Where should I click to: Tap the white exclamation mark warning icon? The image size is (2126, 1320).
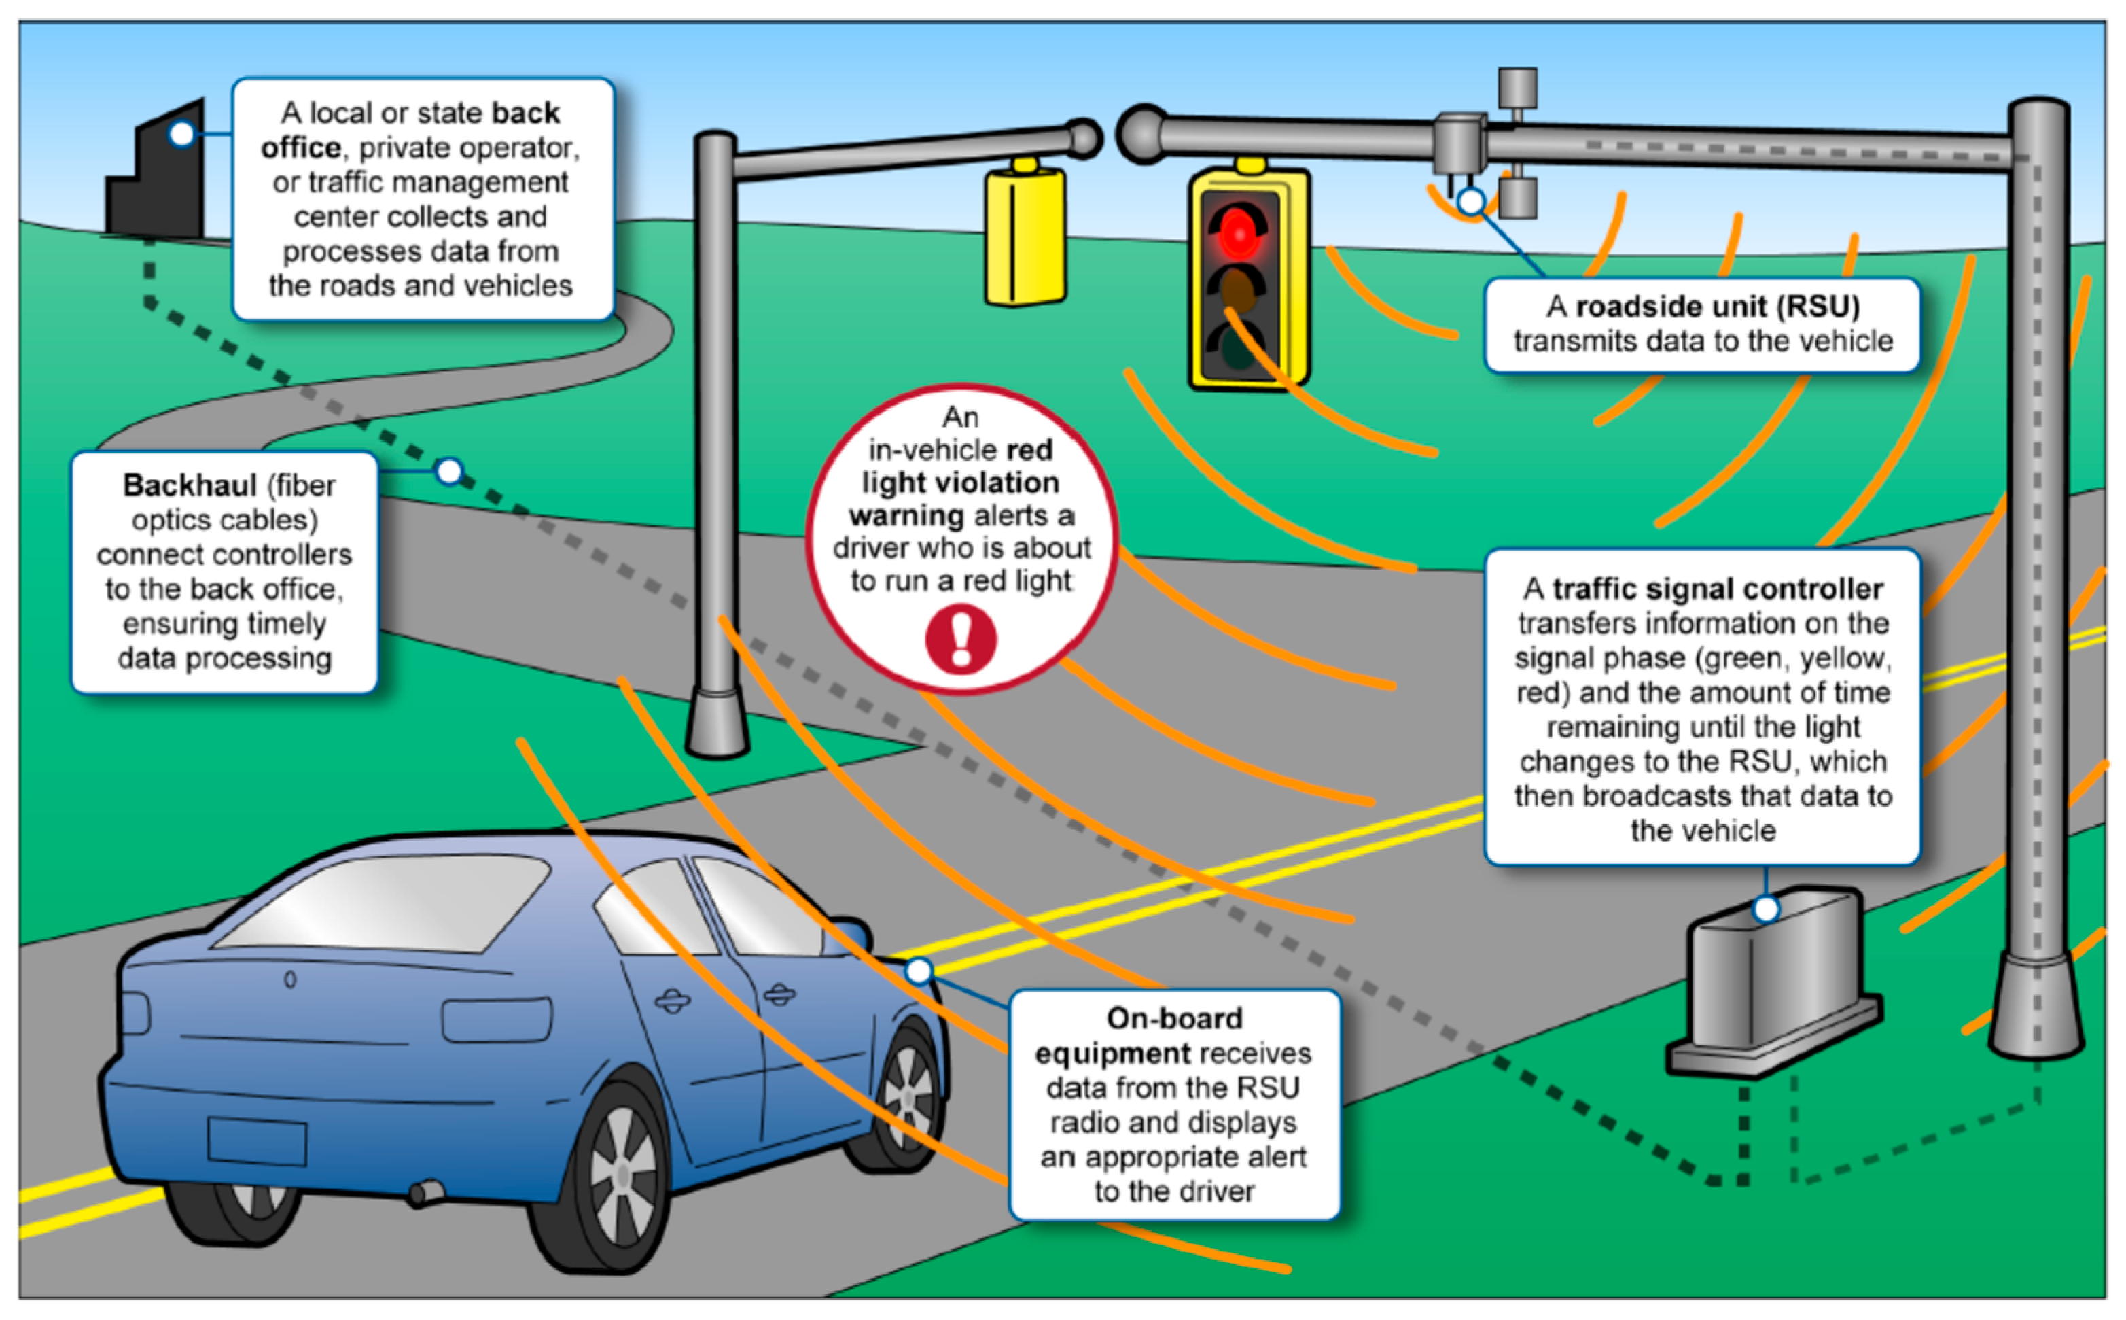click(x=961, y=640)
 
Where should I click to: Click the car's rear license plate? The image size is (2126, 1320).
click(x=257, y=1140)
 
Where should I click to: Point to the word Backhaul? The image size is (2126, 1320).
click(x=190, y=485)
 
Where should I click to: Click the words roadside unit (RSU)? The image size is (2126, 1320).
click(x=1717, y=307)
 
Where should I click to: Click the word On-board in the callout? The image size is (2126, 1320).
click(x=1174, y=1019)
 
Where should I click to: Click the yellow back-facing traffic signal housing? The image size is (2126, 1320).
click(x=1025, y=236)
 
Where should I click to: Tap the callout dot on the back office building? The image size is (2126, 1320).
click(x=181, y=134)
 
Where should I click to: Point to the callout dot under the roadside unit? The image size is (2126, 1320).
click(x=1472, y=202)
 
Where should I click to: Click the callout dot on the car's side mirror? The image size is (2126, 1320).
click(x=919, y=971)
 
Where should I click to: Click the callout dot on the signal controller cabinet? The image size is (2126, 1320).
click(x=1766, y=909)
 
